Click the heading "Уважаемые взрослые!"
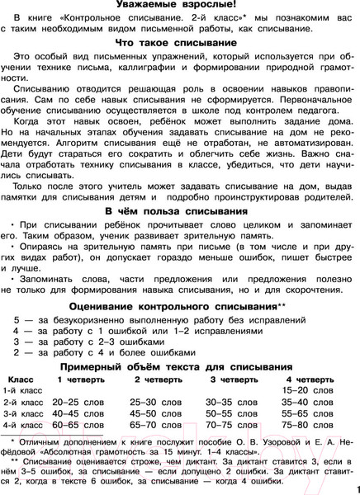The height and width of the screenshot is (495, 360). (180, 7)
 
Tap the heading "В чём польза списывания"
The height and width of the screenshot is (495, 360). (180, 212)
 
